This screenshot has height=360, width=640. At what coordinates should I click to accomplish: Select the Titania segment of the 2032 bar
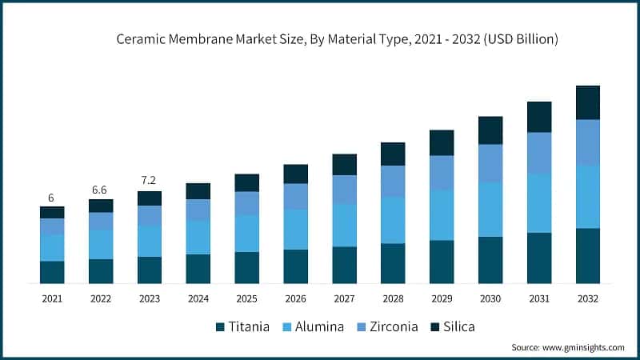(x=588, y=255)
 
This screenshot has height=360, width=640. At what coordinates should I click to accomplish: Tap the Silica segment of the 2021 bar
(x=52, y=212)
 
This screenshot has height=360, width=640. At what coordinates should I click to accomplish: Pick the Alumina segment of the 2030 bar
(x=490, y=209)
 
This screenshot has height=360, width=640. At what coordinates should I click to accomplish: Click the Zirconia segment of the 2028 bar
(x=393, y=181)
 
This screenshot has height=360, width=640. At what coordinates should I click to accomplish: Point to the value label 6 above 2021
(x=52, y=197)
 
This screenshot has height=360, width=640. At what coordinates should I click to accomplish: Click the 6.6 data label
(x=101, y=190)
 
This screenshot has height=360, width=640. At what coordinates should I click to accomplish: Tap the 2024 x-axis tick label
(x=198, y=298)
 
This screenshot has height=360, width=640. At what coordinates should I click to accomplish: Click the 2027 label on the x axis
(x=344, y=298)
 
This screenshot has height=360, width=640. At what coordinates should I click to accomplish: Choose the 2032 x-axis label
(x=588, y=298)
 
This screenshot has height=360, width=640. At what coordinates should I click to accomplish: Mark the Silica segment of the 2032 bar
(x=588, y=102)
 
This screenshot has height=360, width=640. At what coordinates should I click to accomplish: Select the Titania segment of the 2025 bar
(x=247, y=267)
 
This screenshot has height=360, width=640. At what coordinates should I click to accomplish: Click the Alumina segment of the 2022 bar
(x=101, y=244)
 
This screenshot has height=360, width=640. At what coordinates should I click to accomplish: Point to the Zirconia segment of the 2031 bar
(x=539, y=153)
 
